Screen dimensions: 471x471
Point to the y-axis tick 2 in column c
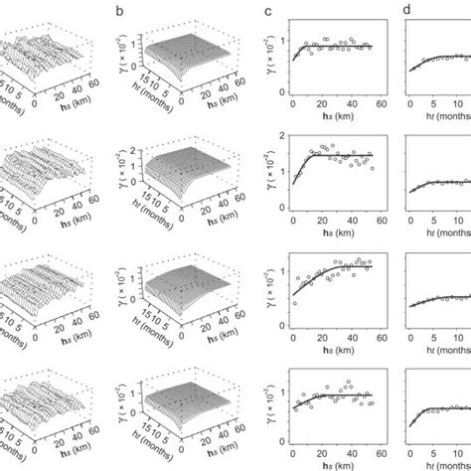pyautogui.click(x=282, y=133)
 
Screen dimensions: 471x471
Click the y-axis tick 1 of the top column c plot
pyautogui.click(x=282, y=41)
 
